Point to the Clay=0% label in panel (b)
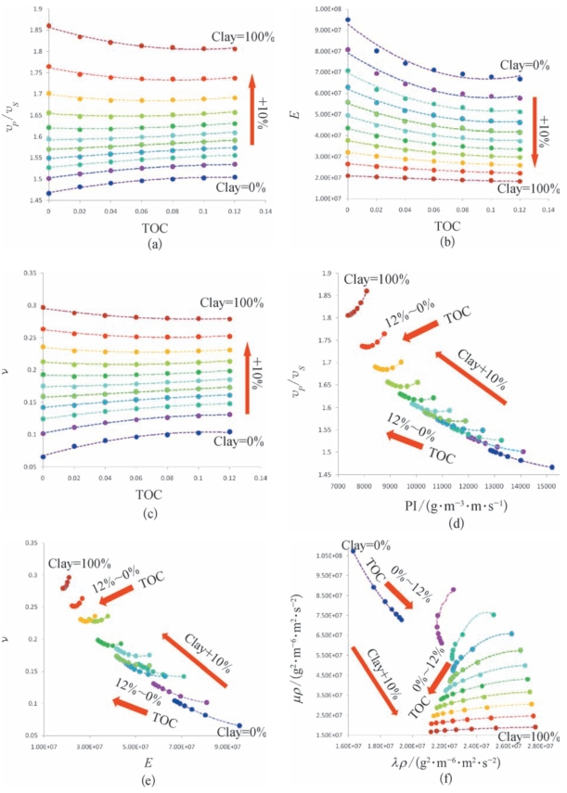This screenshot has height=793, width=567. (x=525, y=65)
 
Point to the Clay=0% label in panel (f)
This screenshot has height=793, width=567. (x=362, y=545)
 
